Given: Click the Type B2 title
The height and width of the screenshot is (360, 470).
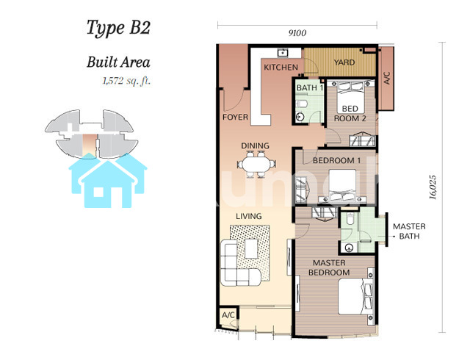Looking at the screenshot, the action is [118, 28].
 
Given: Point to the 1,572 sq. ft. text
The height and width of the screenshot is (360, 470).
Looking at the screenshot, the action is [126, 81].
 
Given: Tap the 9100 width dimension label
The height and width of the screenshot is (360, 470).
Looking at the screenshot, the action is [297, 33].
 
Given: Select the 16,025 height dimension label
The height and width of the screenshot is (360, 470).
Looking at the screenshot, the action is [433, 187].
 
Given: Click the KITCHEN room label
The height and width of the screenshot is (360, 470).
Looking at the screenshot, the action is [281, 67].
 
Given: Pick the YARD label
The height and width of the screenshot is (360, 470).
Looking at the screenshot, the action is [344, 62].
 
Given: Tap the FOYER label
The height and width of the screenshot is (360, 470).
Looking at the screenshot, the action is [235, 117].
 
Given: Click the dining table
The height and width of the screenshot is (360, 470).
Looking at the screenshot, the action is [256, 165].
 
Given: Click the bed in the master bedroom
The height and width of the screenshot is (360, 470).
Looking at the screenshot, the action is [356, 296].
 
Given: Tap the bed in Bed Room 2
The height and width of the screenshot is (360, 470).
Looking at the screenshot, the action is [350, 97].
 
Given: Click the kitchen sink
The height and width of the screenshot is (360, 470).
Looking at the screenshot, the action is [283, 53].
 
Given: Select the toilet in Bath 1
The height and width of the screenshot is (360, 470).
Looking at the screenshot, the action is [301, 104].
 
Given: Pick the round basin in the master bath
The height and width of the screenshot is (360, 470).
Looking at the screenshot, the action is [348, 248].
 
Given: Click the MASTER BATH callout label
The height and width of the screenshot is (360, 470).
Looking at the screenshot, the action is [409, 231].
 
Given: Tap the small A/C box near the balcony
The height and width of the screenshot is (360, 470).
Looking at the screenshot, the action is [228, 315].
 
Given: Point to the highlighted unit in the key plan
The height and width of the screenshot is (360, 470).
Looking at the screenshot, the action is [90, 145].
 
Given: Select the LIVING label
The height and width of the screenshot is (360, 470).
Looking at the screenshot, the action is [248, 216].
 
